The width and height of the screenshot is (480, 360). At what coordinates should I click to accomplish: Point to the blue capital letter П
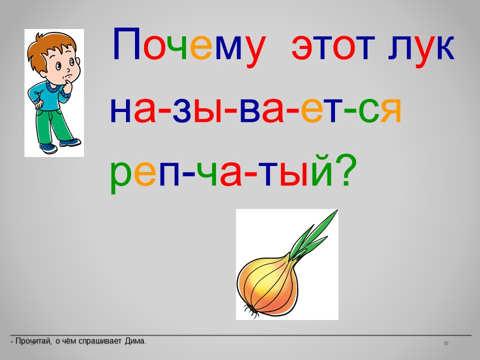(x=126, y=44)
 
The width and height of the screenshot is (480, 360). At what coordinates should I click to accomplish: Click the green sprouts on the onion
(x=311, y=237)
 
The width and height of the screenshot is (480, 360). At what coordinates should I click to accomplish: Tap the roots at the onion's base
(x=250, y=311)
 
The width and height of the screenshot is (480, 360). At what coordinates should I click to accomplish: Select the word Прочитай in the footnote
(x=33, y=341)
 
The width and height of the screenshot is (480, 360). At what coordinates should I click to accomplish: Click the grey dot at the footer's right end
(x=446, y=343)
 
